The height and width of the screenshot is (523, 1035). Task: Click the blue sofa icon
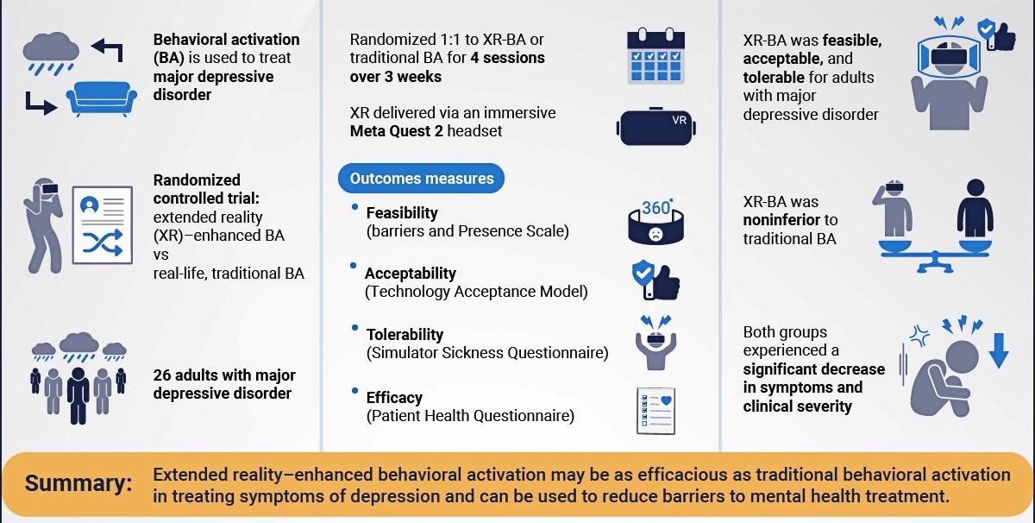102,99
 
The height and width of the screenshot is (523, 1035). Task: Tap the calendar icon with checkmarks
655,55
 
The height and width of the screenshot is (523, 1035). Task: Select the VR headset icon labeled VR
656,127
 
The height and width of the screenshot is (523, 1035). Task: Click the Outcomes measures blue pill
421,179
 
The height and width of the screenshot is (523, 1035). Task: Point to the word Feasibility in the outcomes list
402,212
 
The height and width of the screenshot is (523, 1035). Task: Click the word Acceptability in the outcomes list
411,274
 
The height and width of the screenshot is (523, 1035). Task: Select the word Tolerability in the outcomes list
405,334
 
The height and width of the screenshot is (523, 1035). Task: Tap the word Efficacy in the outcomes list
394,398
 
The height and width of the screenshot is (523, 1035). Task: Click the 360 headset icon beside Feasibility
655,222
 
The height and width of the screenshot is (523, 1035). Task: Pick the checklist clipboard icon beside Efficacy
656,411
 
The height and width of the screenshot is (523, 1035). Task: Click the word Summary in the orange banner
78,483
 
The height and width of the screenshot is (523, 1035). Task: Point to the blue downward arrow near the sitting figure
999,350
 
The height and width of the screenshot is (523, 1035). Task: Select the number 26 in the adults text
162,375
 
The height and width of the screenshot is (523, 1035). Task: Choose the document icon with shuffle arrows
103,225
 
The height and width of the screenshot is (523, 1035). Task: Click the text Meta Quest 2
397,131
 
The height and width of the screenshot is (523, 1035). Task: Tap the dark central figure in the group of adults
78,396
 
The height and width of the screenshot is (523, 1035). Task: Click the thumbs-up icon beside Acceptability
656,280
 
